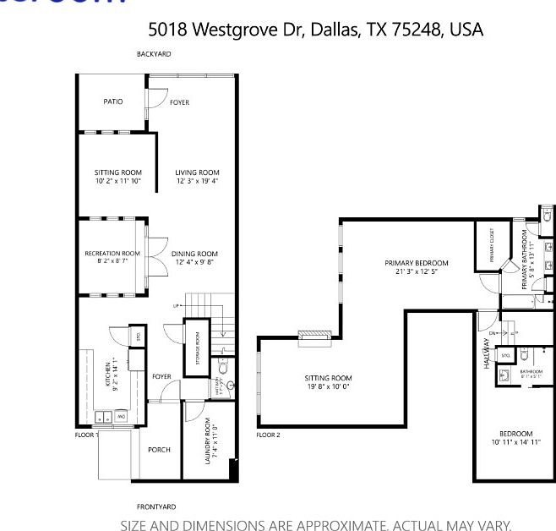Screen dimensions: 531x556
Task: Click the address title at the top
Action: [x=315, y=30]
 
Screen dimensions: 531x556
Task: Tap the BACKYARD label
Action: [x=154, y=54]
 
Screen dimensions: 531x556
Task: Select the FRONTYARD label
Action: [x=156, y=506]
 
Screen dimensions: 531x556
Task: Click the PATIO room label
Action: [x=113, y=101]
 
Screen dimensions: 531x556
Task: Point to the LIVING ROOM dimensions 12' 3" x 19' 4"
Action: [x=198, y=181]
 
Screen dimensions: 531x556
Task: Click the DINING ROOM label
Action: [x=194, y=254]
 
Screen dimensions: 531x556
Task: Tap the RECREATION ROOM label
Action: [x=112, y=254]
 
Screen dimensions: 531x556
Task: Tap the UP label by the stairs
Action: [x=176, y=305]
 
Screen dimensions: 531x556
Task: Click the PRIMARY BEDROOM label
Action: [x=416, y=263]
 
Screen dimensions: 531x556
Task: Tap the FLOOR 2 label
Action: [x=268, y=435]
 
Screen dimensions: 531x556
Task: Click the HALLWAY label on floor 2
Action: [x=486, y=353]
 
